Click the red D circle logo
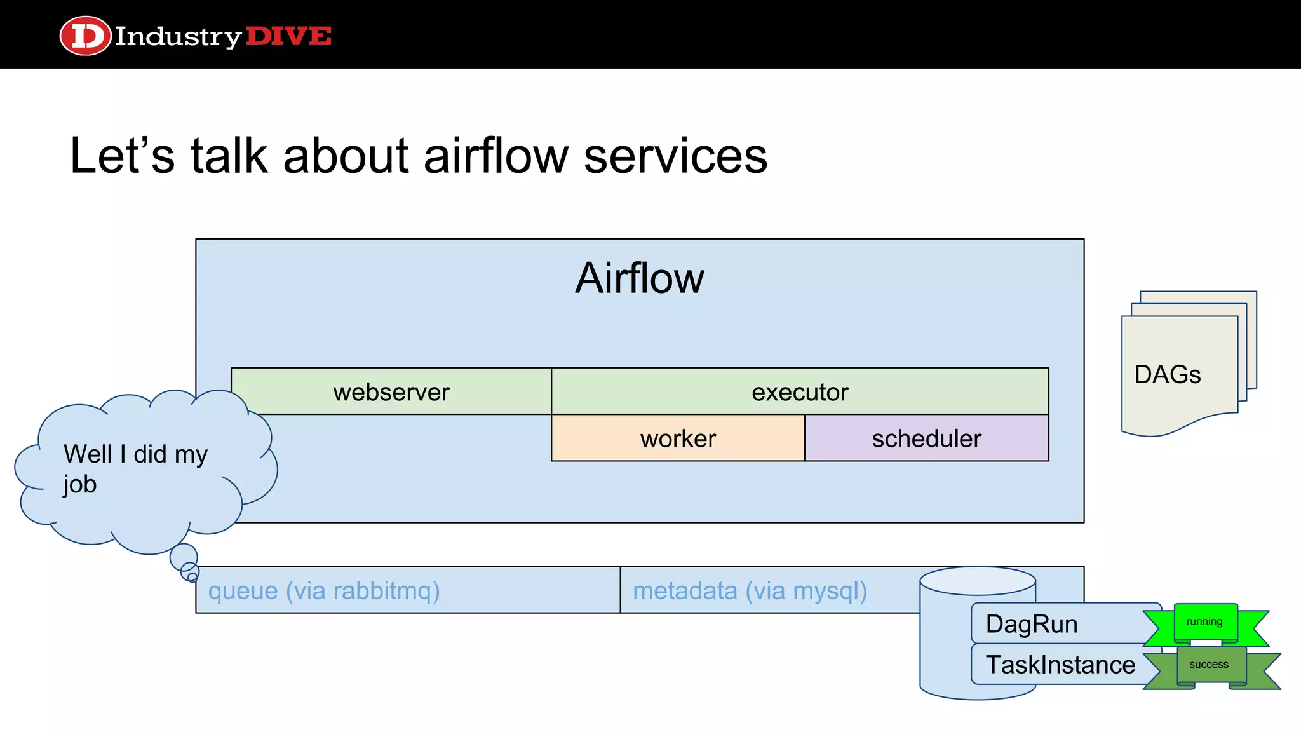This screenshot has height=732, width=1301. [85, 36]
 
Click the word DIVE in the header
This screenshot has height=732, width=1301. [288, 36]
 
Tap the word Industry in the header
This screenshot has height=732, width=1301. [178, 36]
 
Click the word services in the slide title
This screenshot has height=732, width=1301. [675, 156]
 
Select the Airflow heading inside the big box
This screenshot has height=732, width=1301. [639, 278]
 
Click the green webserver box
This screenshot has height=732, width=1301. [391, 391]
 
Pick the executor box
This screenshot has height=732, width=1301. [800, 391]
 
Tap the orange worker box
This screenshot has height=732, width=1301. [678, 438]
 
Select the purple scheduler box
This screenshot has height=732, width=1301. [926, 438]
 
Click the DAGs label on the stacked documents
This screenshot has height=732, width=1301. [1167, 374]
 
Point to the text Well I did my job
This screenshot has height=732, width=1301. [135, 469]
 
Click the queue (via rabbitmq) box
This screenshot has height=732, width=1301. [407, 590]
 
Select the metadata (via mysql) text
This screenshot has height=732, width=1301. [750, 590]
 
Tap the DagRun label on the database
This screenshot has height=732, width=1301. [1032, 624]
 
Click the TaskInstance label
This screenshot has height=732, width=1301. [1060, 665]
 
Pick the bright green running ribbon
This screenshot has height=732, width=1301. [1205, 623]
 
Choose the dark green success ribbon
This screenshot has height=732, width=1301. [1210, 665]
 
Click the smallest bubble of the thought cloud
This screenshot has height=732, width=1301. [192, 577]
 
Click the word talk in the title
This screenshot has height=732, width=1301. [229, 156]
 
